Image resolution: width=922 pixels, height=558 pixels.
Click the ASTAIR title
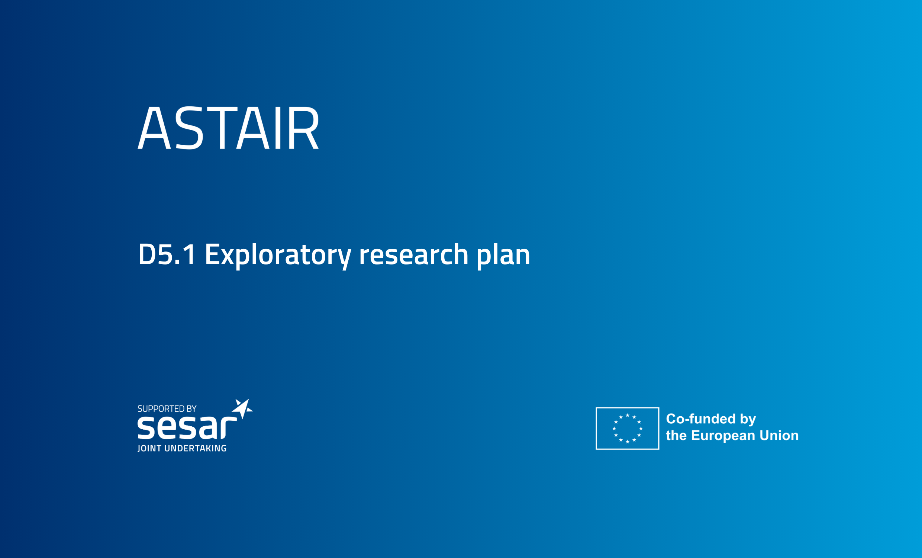(228, 127)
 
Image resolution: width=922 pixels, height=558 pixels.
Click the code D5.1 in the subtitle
(167, 254)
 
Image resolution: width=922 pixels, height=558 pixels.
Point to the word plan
(503, 256)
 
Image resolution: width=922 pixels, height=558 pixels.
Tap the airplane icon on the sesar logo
(242, 408)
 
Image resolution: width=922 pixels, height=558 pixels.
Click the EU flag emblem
(628, 429)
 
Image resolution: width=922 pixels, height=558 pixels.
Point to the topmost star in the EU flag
(628, 415)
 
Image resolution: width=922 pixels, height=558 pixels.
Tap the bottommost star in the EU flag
(628, 442)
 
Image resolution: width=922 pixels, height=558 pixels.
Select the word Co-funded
(701, 419)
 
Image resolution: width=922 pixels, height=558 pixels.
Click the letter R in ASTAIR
(303, 127)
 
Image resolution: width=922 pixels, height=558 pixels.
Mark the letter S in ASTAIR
(189, 127)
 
